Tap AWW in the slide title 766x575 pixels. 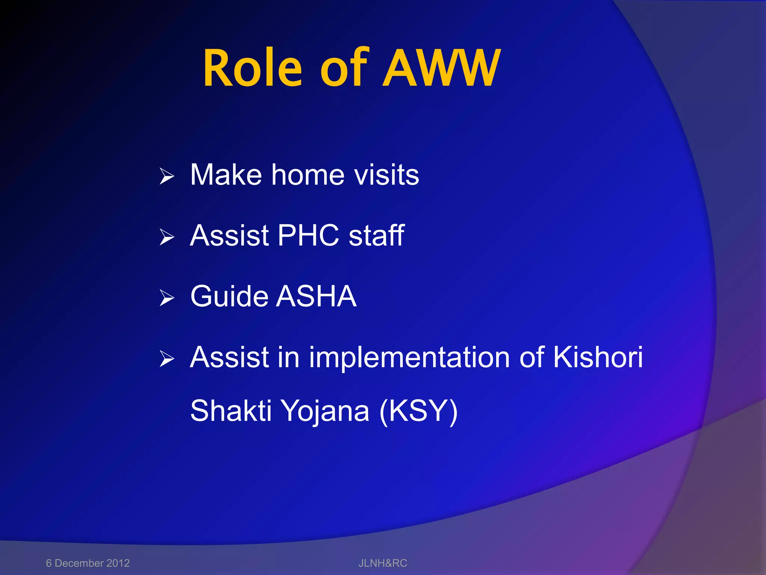coord(441,69)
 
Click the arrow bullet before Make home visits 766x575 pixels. coord(166,176)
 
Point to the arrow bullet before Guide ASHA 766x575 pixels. coord(166,298)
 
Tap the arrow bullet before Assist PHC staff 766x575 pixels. coord(166,237)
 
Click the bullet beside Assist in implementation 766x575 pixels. coord(166,358)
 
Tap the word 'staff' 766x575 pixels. coord(376,235)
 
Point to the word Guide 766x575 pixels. coord(229,296)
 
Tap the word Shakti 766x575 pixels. coord(230,411)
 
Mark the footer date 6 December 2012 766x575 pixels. coord(88,563)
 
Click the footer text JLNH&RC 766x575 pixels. coord(383,563)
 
